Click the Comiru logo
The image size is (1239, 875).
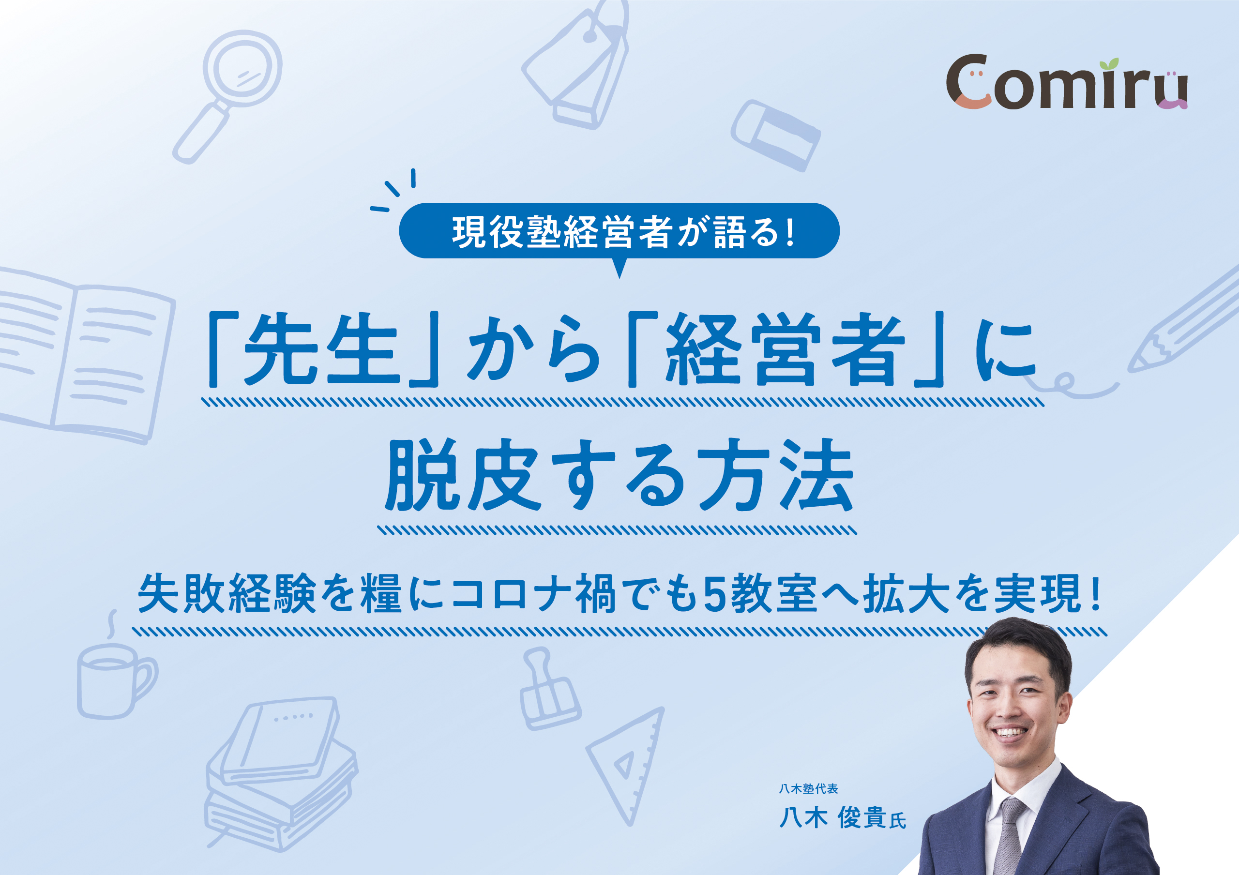pos(1067,83)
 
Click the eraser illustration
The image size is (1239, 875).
pos(775,136)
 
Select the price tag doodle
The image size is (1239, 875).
pos(576,65)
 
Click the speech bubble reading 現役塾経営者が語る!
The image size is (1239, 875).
pos(619,232)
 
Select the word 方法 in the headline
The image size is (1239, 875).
pos(776,474)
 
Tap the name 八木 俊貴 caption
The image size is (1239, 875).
pos(842,818)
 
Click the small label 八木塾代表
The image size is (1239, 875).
pos(808,789)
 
